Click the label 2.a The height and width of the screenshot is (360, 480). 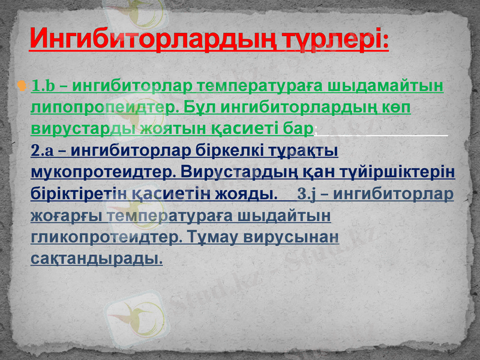(x=43, y=151)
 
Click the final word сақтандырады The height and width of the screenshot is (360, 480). (x=96, y=259)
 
